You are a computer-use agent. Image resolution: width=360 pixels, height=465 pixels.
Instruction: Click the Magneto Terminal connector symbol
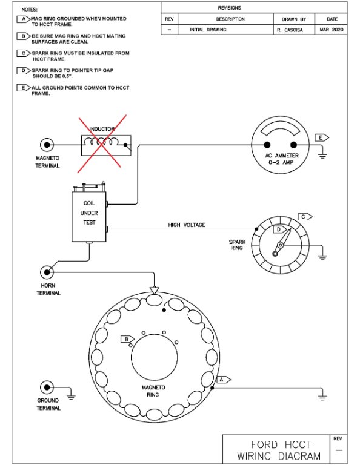pyautogui.click(x=47, y=145)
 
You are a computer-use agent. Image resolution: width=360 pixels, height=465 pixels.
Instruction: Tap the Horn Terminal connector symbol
pyautogui.click(x=47, y=272)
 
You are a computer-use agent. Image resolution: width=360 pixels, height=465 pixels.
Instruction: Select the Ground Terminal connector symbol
pyautogui.click(x=47, y=387)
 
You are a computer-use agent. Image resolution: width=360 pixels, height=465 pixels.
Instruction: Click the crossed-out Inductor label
pyautogui.click(x=102, y=129)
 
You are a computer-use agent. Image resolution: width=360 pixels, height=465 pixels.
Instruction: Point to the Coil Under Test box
pyautogui.click(x=89, y=217)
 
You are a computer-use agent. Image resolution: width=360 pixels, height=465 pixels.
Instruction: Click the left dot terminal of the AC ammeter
pyautogui.click(x=267, y=145)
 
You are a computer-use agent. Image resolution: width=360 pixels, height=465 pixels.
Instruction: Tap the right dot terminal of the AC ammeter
pyautogui.click(x=293, y=145)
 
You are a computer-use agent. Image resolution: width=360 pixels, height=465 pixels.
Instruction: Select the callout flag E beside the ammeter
pyautogui.click(x=322, y=137)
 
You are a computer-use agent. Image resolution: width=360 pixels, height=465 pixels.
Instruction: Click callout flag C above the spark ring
pyautogui.click(x=305, y=217)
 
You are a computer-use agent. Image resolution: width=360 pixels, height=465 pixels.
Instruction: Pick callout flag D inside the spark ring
pyautogui.click(x=280, y=229)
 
